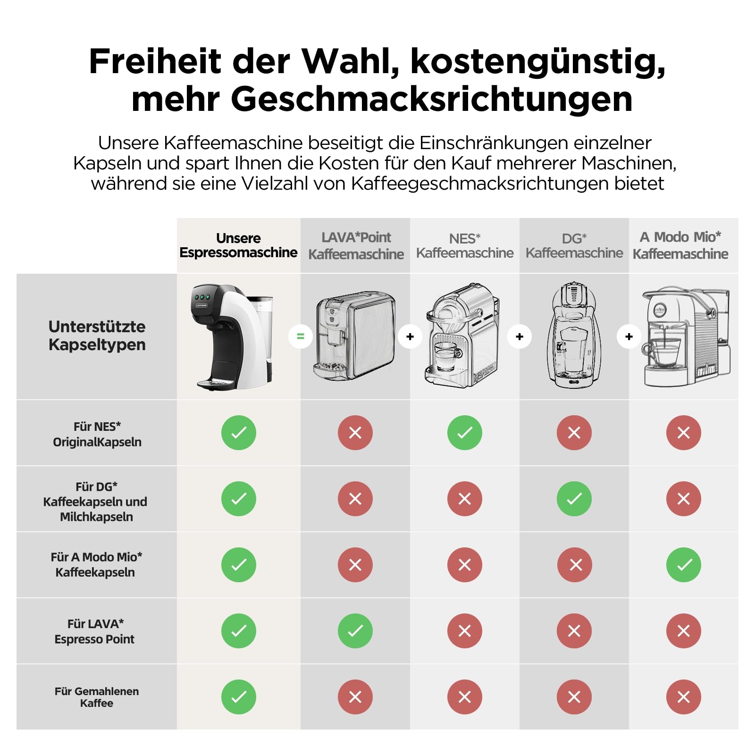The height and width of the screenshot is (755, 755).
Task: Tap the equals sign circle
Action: pyautogui.click(x=301, y=336)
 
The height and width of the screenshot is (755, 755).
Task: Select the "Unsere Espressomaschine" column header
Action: pyautogui.click(x=238, y=245)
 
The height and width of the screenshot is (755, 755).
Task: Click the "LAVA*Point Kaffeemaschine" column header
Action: pyautogui.click(x=356, y=245)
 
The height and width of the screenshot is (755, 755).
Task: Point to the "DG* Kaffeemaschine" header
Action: pyautogui.click(x=574, y=246)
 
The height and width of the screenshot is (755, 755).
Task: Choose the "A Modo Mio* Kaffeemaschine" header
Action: pyautogui.click(x=680, y=245)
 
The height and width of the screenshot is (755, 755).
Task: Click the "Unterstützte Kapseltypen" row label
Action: pyautogui.click(x=97, y=336)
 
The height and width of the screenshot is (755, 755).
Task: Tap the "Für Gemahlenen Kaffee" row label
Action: pyautogui.click(x=97, y=697)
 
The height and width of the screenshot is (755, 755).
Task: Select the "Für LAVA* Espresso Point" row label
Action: pyautogui.click(x=95, y=631)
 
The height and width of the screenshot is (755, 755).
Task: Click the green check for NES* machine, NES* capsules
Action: pyautogui.click(x=465, y=433)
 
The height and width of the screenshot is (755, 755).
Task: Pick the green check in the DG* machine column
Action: pyautogui.click(x=574, y=499)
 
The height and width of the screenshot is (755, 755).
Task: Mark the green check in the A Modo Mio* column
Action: pyautogui.click(x=684, y=565)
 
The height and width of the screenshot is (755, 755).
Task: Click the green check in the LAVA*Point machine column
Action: pyautogui.click(x=355, y=631)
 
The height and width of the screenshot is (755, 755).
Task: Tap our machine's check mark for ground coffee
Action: pyautogui.click(x=239, y=697)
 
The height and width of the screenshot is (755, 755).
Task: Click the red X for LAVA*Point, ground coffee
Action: pyautogui.click(x=355, y=697)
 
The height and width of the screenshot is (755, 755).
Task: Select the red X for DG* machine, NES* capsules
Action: pyautogui.click(x=574, y=433)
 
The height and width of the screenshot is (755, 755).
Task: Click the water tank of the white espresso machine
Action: pyautogui.click(x=262, y=330)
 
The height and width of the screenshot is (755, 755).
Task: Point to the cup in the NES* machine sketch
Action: pyautogui.click(x=446, y=356)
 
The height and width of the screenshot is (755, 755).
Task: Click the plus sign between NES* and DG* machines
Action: pyautogui.click(x=520, y=336)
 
